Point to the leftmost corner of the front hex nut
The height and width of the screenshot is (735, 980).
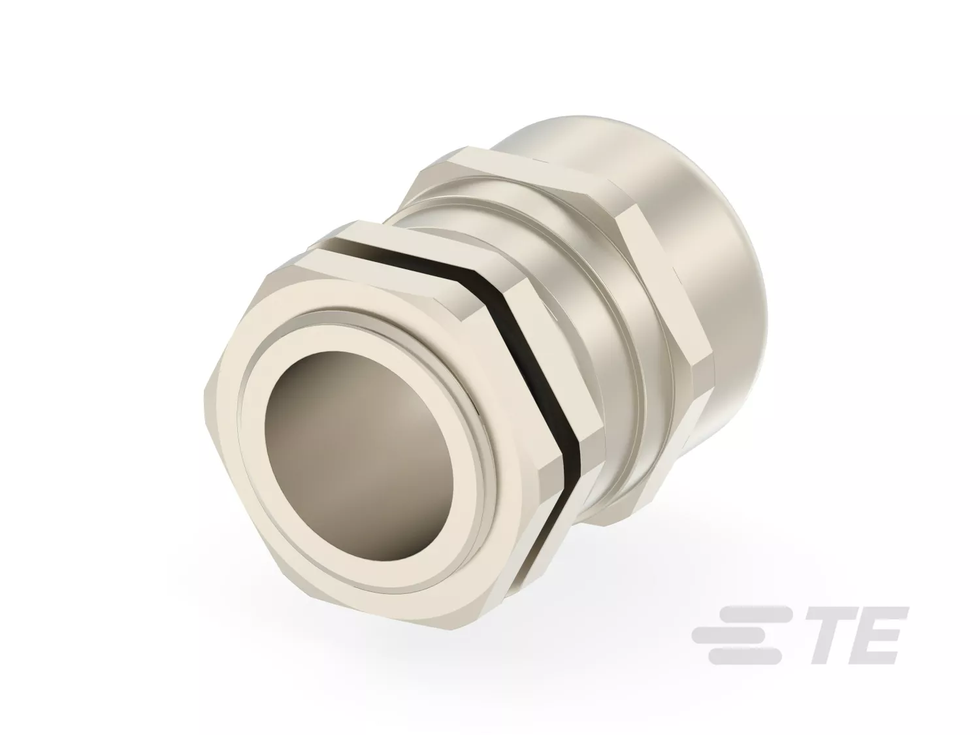(204, 393)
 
